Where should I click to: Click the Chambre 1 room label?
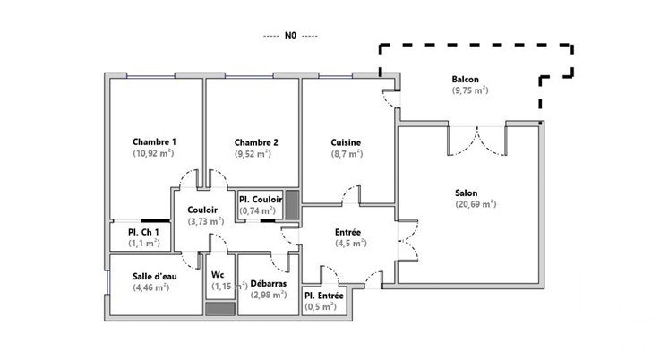click(154, 141)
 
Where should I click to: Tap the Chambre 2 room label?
click(256, 142)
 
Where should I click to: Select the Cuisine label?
click(346, 141)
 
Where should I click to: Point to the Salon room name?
click(466, 193)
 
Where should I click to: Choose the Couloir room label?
click(202, 210)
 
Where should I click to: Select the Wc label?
click(218, 275)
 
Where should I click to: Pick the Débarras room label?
click(269, 282)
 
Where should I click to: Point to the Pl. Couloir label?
click(261, 200)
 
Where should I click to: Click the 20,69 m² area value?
click(475, 204)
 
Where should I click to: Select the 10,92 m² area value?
click(154, 153)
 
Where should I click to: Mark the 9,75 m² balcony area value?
click(470, 90)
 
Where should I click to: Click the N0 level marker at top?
click(290, 37)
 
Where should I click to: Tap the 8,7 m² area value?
click(347, 153)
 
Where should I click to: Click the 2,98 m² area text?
click(269, 294)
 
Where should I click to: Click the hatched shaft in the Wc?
click(218, 308)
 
